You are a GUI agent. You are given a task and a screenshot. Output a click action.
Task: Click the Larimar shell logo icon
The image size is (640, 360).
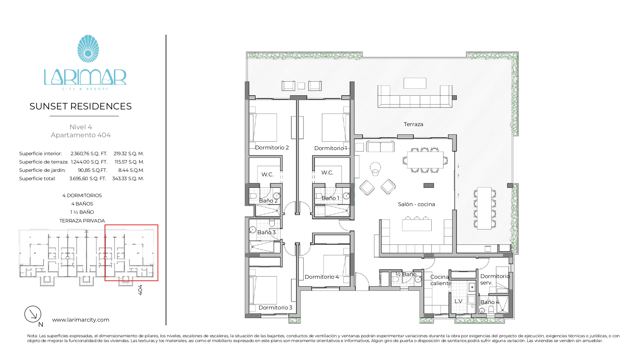(x=88, y=49)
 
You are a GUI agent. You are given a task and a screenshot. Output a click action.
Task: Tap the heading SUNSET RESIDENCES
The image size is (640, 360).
(x=81, y=106)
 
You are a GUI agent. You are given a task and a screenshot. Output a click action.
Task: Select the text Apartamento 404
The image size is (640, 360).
(x=81, y=135)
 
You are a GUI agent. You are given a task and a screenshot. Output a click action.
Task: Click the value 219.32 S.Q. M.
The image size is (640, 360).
(x=129, y=154)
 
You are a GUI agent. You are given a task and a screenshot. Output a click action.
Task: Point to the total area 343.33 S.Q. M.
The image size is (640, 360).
(x=128, y=179)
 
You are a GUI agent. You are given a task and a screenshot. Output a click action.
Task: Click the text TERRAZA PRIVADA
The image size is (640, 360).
(x=82, y=221)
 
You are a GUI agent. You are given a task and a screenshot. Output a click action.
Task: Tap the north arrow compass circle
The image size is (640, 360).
(x=33, y=314)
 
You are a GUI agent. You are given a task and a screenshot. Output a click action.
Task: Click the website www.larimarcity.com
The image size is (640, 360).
(x=81, y=320)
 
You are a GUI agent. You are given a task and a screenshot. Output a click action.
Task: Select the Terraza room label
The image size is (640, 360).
(x=413, y=124)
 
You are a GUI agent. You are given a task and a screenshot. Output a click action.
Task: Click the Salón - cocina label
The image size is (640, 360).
(x=416, y=204)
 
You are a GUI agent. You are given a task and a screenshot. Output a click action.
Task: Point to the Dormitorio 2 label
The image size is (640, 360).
(x=272, y=148)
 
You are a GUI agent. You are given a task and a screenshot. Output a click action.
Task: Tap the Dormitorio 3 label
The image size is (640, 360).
(x=276, y=308)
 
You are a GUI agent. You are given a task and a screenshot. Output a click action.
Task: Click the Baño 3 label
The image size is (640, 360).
(x=267, y=232)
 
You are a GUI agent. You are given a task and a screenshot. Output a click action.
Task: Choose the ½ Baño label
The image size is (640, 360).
(x=406, y=274)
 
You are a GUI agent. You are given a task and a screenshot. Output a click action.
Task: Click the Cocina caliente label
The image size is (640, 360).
(x=441, y=280)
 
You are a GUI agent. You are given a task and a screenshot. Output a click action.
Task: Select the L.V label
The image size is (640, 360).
(x=458, y=301)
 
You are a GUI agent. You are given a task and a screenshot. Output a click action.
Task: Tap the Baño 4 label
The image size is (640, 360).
(x=490, y=302)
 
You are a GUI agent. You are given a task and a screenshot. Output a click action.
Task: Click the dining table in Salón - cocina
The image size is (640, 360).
(x=425, y=160)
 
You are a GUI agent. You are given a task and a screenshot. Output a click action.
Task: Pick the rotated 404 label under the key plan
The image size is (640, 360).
(x=140, y=290)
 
